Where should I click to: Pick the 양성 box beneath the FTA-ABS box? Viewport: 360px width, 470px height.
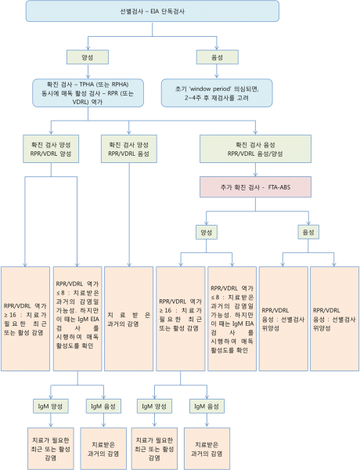coord(207,232)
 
